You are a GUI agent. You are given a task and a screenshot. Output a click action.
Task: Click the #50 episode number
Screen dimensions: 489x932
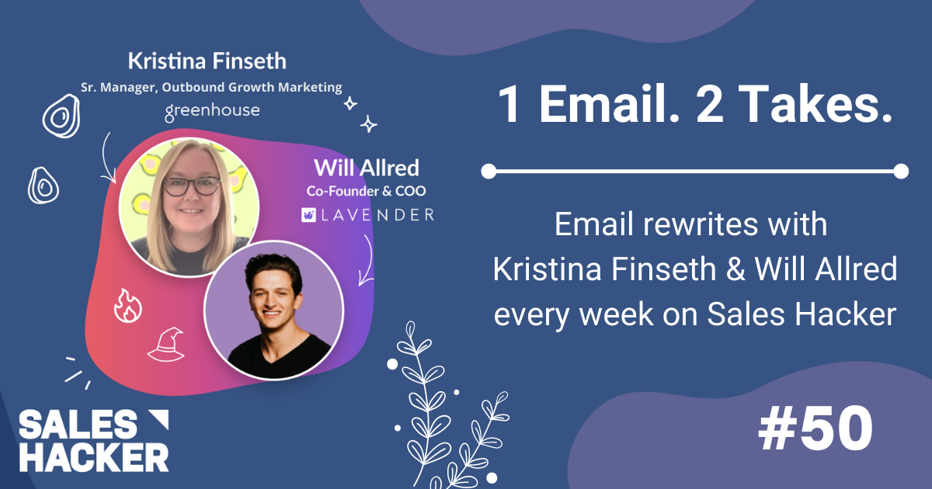coord(815,430)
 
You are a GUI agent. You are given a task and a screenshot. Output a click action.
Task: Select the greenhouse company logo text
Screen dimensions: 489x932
coord(212,112)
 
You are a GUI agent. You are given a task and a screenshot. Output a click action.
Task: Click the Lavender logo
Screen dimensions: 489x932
coord(367,214)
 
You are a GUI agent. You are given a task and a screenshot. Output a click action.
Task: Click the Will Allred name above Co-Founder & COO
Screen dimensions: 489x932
coord(366,167)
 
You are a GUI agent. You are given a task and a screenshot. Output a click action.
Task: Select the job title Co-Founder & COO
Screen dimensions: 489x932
coord(366,190)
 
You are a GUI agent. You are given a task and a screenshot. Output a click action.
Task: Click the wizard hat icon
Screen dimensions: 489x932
coord(165,344)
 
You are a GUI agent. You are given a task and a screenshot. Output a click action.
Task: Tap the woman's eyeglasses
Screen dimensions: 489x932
coord(191,186)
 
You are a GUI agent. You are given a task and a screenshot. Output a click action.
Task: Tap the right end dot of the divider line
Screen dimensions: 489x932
coord(900,171)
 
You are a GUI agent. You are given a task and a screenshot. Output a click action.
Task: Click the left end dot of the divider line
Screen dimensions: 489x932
coord(489,171)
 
